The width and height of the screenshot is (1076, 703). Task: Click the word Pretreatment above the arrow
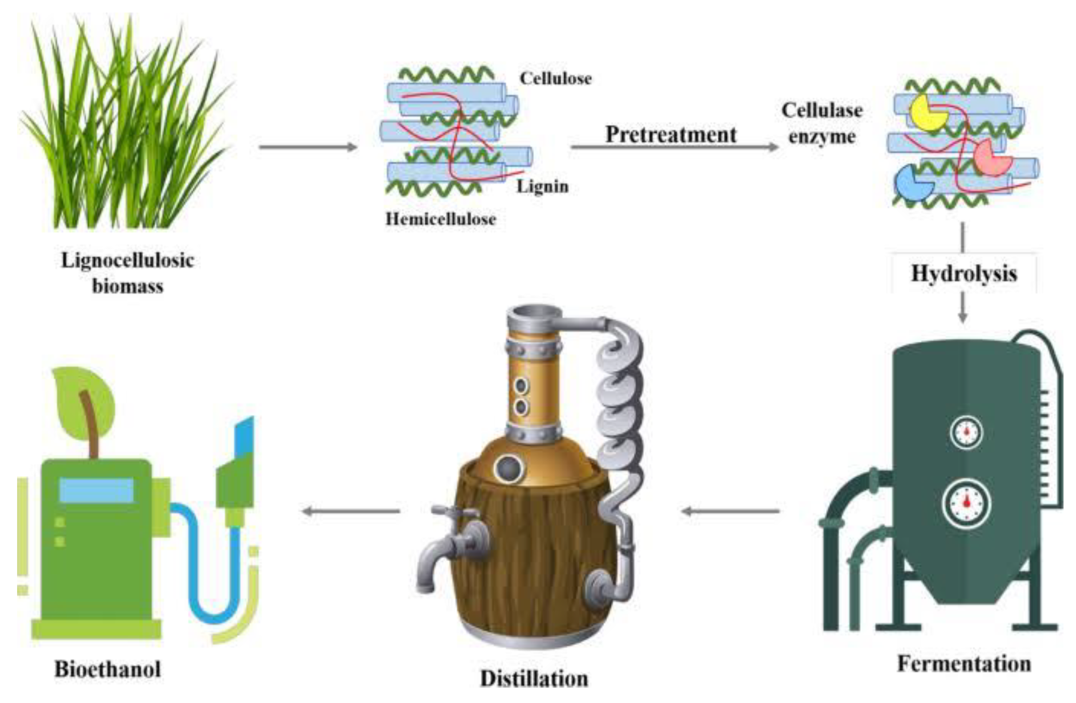tap(671, 134)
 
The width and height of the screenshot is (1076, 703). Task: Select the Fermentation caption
tap(964, 664)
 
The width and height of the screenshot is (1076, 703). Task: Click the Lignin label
tap(542, 186)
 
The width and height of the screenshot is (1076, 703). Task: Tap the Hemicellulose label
tap(441, 219)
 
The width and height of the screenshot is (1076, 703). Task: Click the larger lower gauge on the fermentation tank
tap(967, 503)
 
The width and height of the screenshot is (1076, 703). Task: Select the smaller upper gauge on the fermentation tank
tap(967, 432)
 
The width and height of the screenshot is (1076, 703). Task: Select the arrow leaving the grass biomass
tap(307, 147)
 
